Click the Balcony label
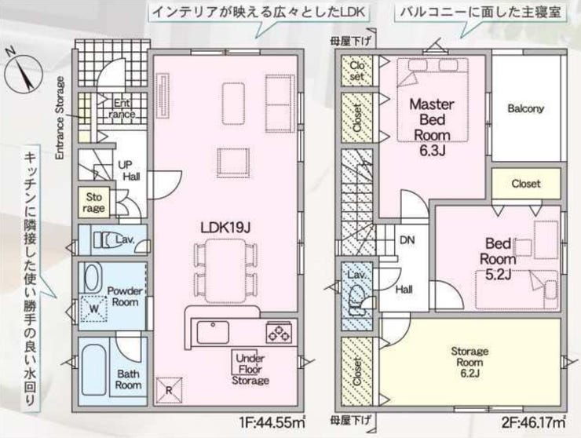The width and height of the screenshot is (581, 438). (x=525, y=109)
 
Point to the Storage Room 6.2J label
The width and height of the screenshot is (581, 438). (x=470, y=357)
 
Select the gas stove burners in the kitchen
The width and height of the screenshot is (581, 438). (x=277, y=333)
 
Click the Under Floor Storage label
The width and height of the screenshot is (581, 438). (x=250, y=367)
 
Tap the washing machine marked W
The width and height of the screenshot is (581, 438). (x=94, y=308)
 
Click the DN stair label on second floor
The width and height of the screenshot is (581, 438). (x=407, y=240)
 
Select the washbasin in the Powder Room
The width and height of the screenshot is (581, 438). (x=91, y=279)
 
